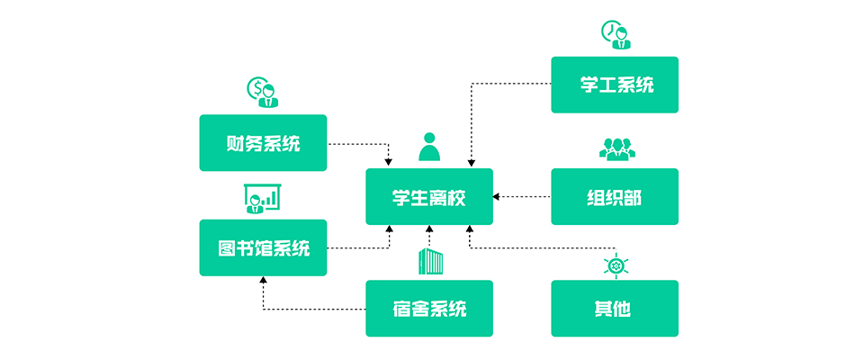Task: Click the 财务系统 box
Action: (x=263, y=143)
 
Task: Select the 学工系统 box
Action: (x=615, y=85)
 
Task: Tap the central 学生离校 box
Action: (x=429, y=197)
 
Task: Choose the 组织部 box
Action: (x=615, y=197)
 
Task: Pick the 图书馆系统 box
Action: (x=263, y=248)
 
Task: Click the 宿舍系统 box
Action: (x=429, y=309)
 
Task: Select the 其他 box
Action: (x=615, y=309)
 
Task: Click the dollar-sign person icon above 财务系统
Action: (x=262, y=92)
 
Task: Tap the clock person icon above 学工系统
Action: (x=616, y=35)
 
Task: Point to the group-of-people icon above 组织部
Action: (x=615, y=148)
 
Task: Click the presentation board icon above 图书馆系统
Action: (x=263, y=199)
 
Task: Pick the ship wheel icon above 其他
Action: (x=616, y=265)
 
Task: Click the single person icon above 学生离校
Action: (x=429, y=147)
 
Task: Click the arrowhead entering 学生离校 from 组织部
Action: (x=497, y=196)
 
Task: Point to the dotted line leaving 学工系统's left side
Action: (x=513, y=85)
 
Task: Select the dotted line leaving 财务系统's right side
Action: (x=355, y=143)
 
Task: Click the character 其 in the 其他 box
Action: (x=604, y=309)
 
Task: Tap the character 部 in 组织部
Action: (x=634, y=197)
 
